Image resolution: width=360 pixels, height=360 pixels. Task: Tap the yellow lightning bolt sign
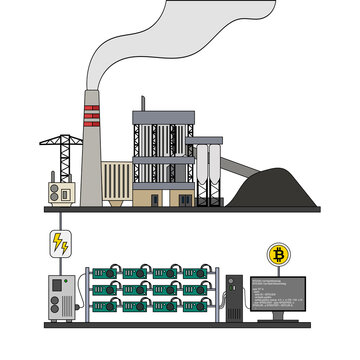[60, 243]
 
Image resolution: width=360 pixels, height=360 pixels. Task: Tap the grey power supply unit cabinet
[60, 297]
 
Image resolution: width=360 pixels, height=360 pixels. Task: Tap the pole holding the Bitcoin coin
[277, 270]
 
